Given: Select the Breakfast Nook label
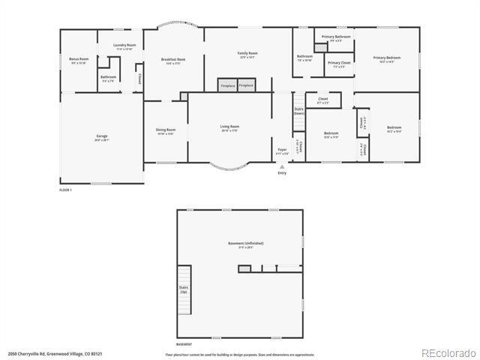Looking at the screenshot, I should [173, 61].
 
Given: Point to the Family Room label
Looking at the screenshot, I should [247, 54].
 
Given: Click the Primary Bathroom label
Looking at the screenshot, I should [336, 37].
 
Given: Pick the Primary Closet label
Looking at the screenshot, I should [339, 64].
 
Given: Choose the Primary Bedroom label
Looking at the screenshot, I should [387, 58].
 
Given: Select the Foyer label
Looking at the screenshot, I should [282, 151].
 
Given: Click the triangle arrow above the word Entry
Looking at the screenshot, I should [282, 166].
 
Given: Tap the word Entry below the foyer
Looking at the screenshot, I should [282, 173].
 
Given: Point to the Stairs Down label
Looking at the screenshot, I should [298, 111].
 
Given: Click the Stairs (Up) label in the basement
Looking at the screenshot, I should [183, 289].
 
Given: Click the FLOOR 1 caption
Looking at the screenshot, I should [65, 190].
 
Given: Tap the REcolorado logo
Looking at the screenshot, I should [448, 352].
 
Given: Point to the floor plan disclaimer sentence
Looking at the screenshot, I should [240, 355].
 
